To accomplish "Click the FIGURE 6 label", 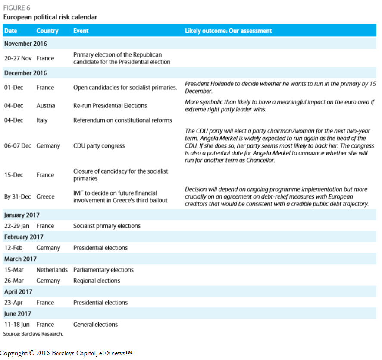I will (17, 8).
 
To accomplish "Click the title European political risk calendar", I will (50, 17).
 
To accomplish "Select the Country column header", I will (47, 31).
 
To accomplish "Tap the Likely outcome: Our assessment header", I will (228, 31).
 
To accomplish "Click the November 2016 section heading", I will (26, 44).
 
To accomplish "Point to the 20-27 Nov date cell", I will (18, 58).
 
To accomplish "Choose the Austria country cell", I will (46, 106).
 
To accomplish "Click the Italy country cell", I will (42, 120).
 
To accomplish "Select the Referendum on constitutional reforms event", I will (122, 120).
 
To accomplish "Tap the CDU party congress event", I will (99, 146).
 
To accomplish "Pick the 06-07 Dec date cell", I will (18, 146).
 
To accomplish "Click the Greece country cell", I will (45, 197).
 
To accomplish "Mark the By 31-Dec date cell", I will (17, 197).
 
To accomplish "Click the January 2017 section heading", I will (22, 215).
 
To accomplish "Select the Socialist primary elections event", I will (106, 226).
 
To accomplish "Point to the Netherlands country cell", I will (52, 270).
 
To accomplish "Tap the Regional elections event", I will (97, 281).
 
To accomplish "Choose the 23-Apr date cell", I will (13, 303).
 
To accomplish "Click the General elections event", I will (95, 325).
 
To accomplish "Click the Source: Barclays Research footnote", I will (33, 334).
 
